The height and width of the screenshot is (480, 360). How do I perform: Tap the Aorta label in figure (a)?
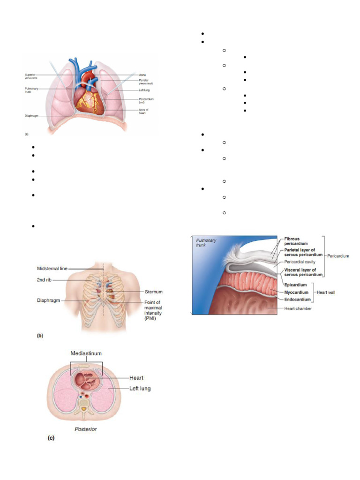click(142, 75)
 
